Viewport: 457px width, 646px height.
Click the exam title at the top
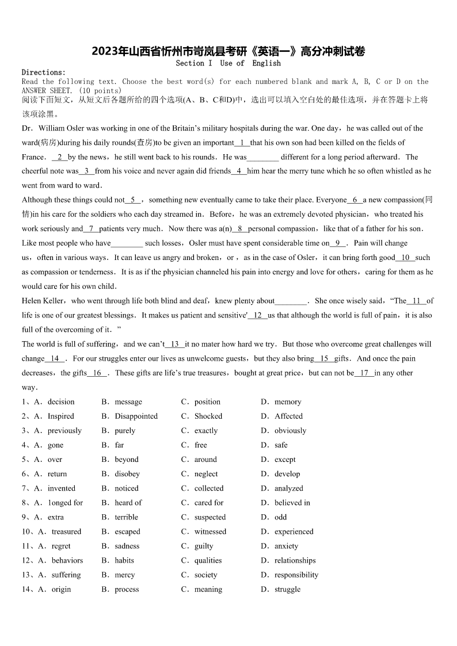(228, 51)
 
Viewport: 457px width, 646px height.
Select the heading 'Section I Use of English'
(228, 63)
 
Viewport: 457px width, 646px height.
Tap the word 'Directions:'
(44, 72)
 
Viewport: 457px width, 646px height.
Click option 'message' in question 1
(128, 402)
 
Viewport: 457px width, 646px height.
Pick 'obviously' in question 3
(290, 430)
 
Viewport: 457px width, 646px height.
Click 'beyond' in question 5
(127, 459)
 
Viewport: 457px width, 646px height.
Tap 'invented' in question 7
(61, 488)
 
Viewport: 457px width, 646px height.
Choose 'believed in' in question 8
(292, 502)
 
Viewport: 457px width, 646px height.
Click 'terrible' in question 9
(126, 517)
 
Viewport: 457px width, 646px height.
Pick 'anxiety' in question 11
(286, 545)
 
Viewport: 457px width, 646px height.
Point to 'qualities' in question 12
(208, 560)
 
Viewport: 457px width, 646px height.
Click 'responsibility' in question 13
(296, 574)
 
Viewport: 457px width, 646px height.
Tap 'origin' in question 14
(61, 589)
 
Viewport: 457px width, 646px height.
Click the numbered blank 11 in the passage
(416, 301)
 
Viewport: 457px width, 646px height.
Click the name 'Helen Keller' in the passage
(44, 301)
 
